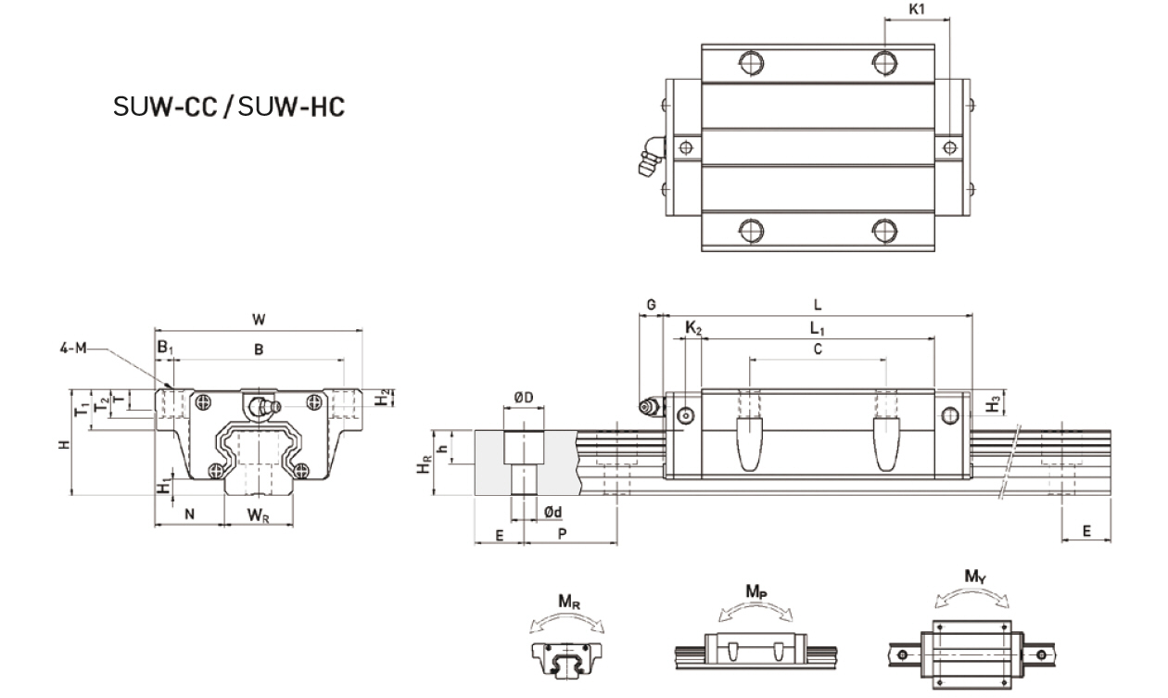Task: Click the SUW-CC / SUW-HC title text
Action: (x=229, y=107)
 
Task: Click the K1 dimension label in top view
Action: (x=917, y=10)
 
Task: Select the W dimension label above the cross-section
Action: (x=259, y=319)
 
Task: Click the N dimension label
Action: (x=189, y=514)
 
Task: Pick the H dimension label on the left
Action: (x=62, y=445)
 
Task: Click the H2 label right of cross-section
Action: (x=383, y=398)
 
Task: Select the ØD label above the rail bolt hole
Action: (x=522, y=398)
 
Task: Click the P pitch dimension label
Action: (x=563, y=534)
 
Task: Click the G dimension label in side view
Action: (x=651, y=305)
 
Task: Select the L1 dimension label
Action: (x=816, y=327)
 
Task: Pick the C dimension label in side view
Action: (x=817, y=349)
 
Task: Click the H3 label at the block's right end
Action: (x=993, y=403)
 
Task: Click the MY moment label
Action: (x=974, y=577)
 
